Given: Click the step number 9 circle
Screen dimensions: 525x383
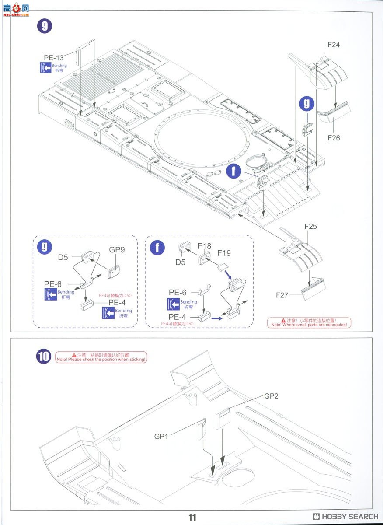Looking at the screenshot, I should pyautogui.click(x=44, y=26).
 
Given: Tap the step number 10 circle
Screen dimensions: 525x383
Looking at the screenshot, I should pyautogui.click(x=44, y=357).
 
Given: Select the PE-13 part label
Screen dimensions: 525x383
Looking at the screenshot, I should pyautogui.click(x=53, y=58).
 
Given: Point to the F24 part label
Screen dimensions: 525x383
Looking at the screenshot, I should pyautogui.click(x=333, y=45).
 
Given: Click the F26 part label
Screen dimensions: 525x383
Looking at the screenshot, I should pyautogui.click(x=333, y=138).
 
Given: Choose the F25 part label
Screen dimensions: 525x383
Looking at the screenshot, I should pyautogui.click(x=310, y=227).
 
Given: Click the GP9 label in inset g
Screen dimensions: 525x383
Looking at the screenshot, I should pyautogui.click(x=117, y=250).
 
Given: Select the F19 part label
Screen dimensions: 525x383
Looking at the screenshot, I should pyautogui.click(x=224, y=253).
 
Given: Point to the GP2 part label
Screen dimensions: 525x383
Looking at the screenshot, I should pyautogui.click(x=271, y=396).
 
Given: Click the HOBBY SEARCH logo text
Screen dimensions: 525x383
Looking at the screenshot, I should pyautogui.click(x=345, y=517).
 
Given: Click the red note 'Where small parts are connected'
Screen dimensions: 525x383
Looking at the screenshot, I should pyautogui.click(x=309, y=323).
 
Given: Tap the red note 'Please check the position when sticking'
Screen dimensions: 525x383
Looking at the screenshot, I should pyautogui.click(x=101, y=357).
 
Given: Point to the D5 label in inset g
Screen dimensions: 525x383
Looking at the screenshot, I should pyautogui.click(x=63, y=257).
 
